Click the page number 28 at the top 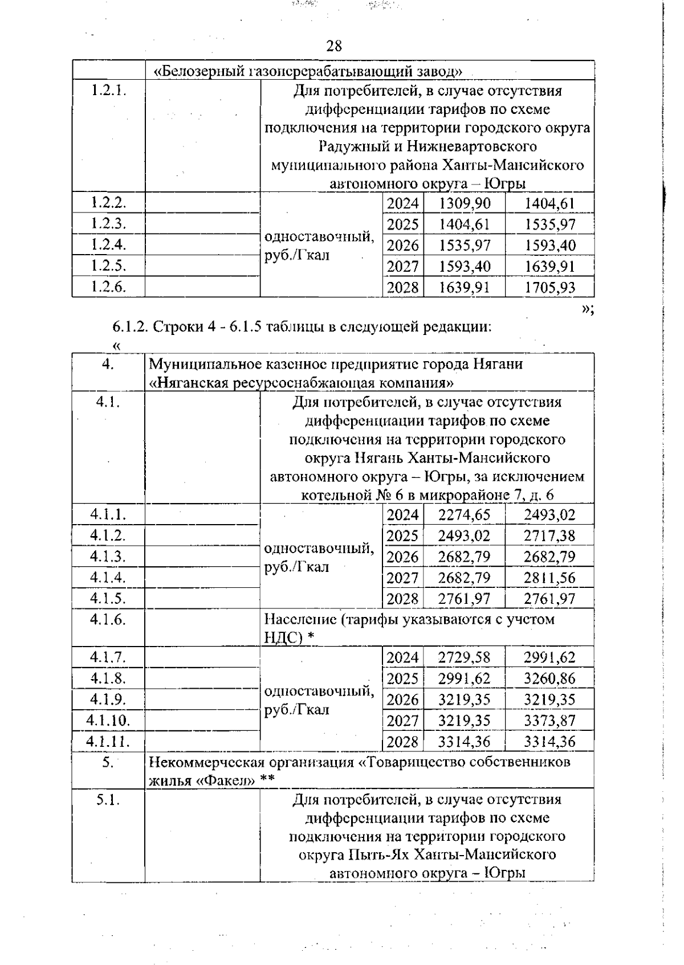click(334, 46)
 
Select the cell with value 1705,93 click(549, 287)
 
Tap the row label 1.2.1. click(108, 90)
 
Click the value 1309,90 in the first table click(464, 203)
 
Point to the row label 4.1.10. click(108, 721)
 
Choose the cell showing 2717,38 click(549, 536)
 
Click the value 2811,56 click(549, 578)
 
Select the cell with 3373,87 click(549, 721)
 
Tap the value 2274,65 click(464, 515)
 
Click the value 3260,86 click(549, 678)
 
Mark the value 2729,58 click(464, 657)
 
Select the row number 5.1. click(108, 799)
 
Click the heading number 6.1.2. click(131, 327)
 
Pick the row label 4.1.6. click(108, 619)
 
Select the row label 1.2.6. click(108, 287)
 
